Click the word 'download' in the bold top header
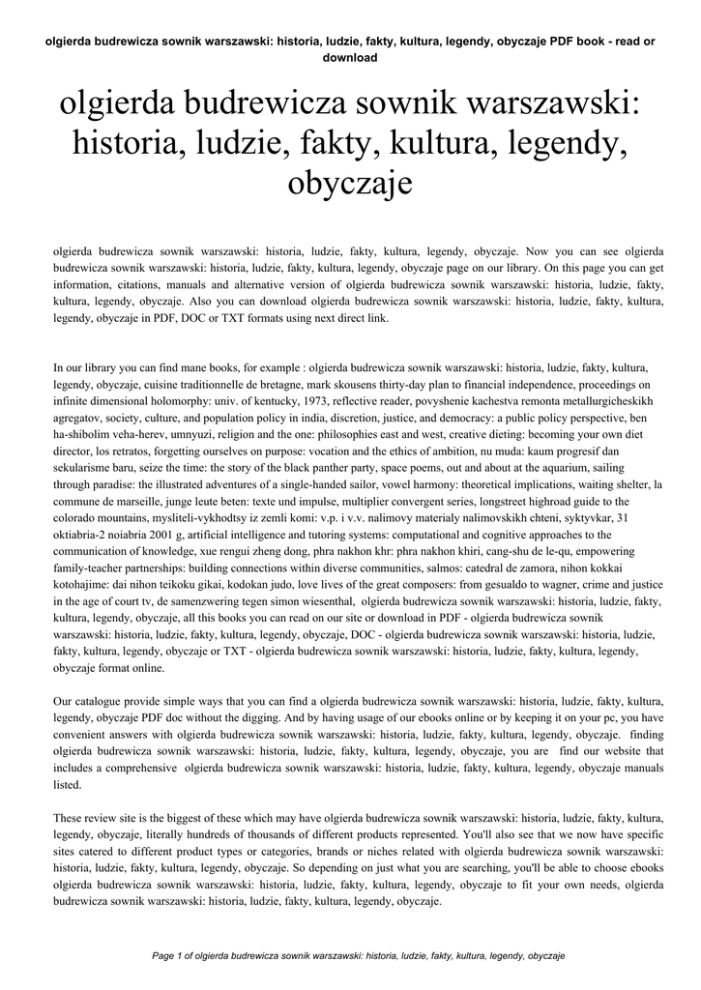point(350,57)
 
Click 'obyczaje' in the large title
point(350,183)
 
